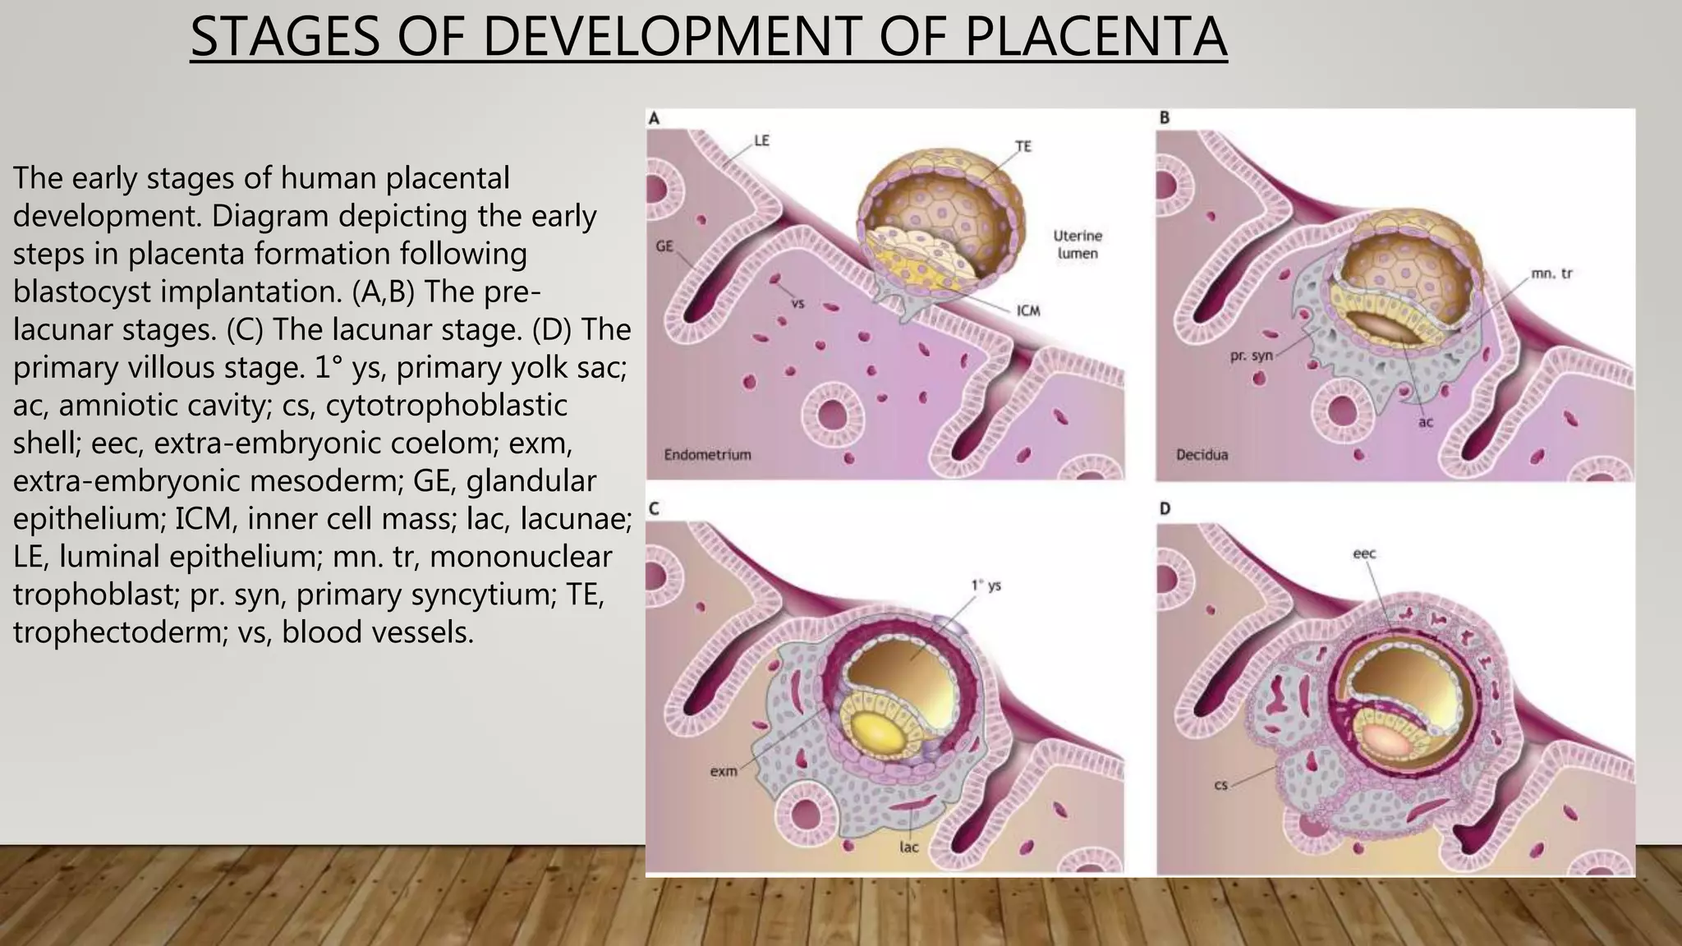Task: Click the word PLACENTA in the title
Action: point(1096,37)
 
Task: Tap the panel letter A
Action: point(654,118)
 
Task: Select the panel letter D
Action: point(1165,509)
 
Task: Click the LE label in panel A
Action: point(761,140)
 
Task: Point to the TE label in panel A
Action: point(1023,146)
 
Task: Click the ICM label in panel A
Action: point(1028,311)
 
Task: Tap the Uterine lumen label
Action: point(1078,245)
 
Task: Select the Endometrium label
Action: point(707,454)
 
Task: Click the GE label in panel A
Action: point(665,246)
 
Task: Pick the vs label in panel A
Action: point(797,304)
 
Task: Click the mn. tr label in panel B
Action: point(1551,273)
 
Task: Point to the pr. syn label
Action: point(1251,357)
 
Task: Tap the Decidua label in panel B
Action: point(1202,454)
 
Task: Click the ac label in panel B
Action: point(1425,422)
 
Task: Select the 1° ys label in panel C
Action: point(986,586)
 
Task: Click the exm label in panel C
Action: point(723,771)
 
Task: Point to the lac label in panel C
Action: point(908,847)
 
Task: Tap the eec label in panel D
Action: point(1364,553)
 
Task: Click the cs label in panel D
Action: point(1220,786)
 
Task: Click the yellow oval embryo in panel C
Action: point(875,732)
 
